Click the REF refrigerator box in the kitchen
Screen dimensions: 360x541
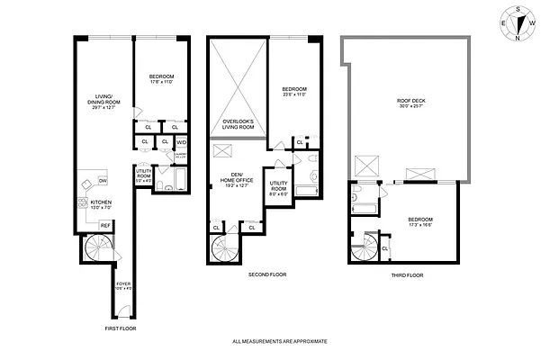[x=105, y=225]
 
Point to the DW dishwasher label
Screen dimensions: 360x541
[x=103, y=181]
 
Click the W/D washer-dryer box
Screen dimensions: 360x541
[x=180, y=142]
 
